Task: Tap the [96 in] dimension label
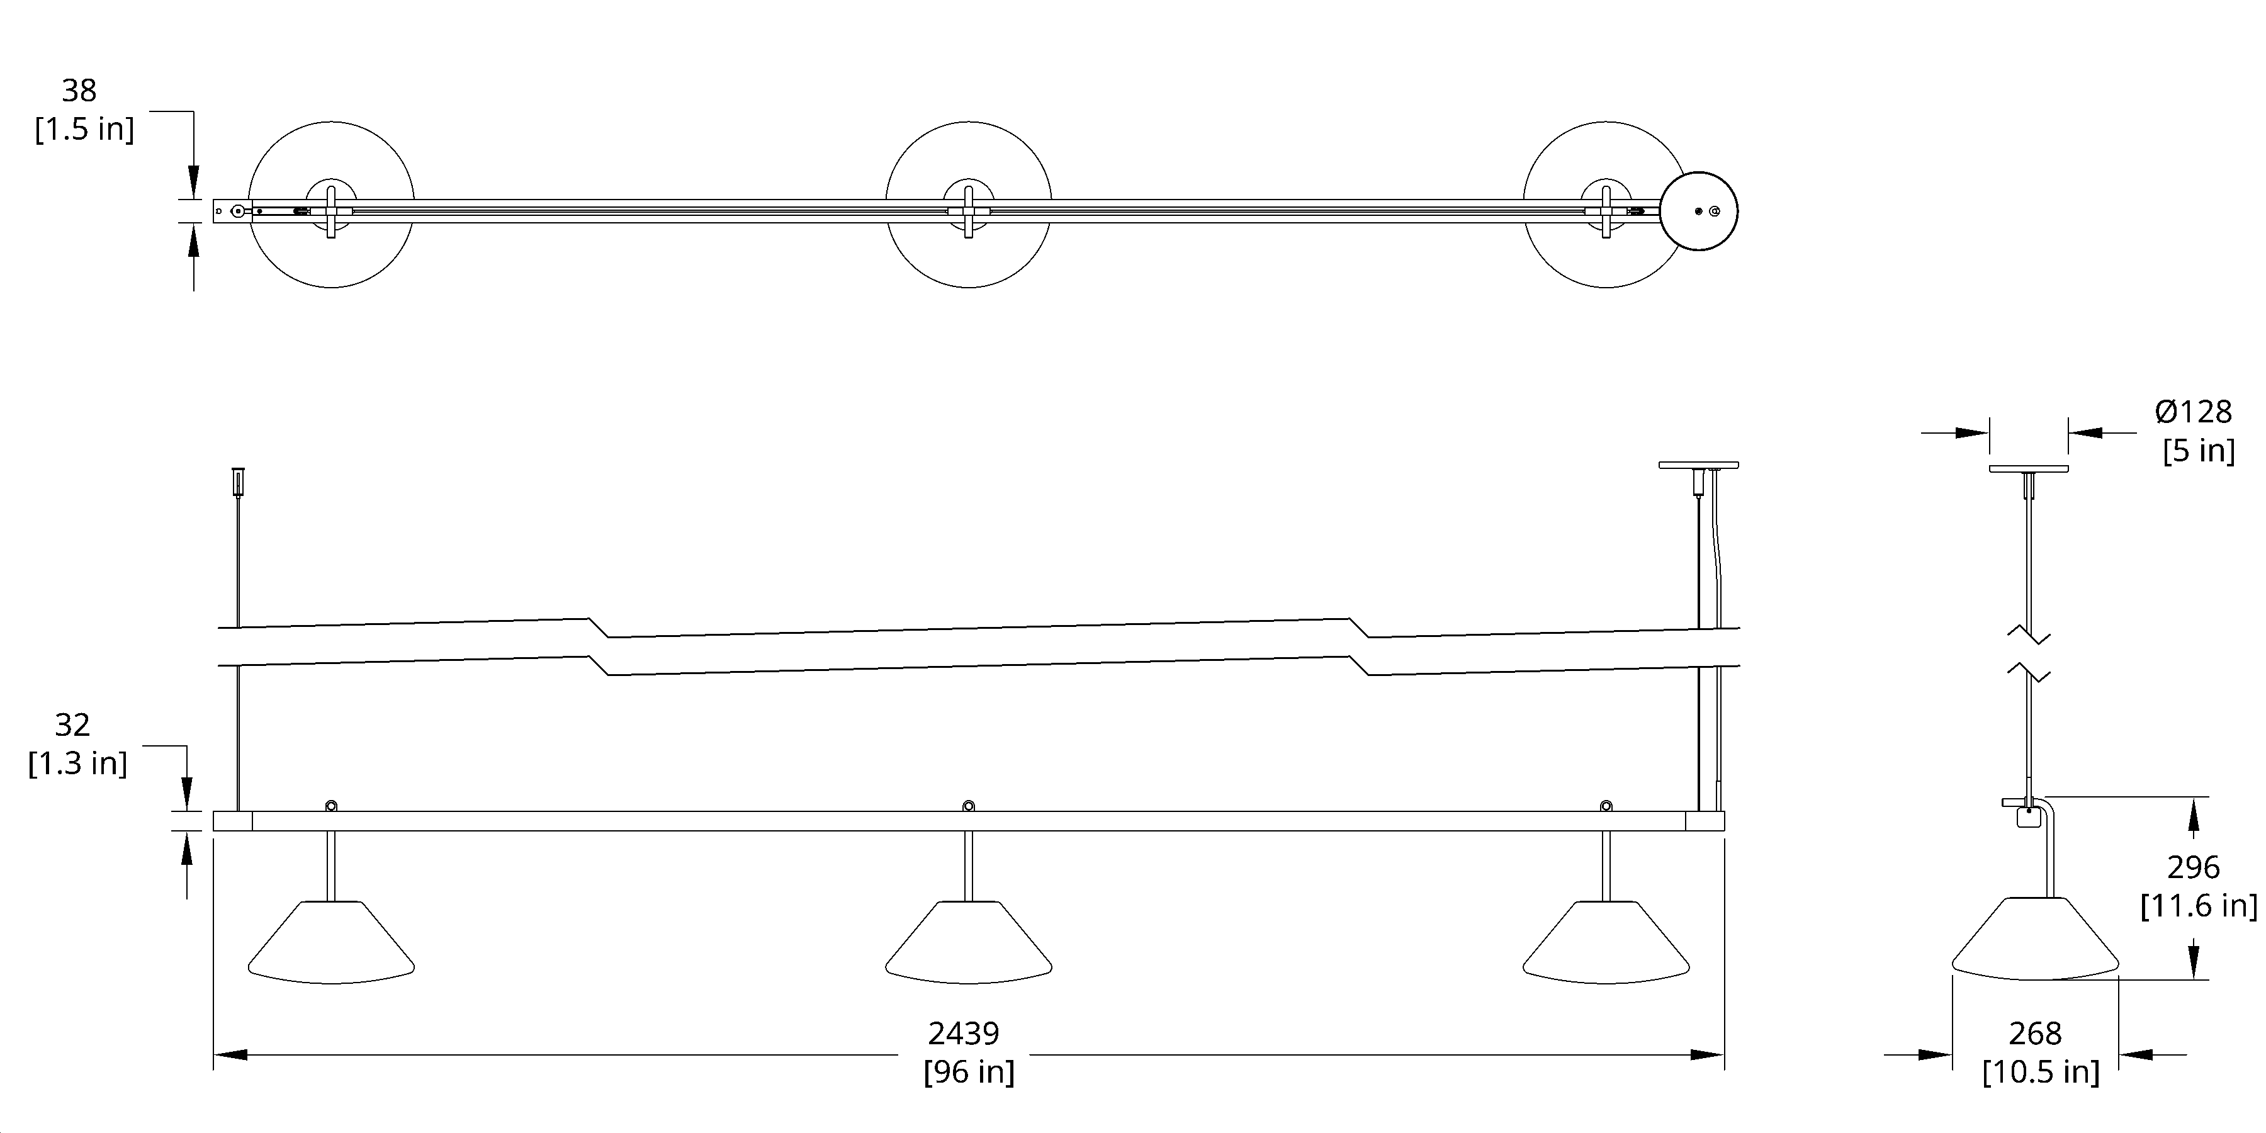click(969, 1071)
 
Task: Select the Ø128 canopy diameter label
click(2193, 412)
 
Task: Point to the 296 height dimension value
click(2193, 867)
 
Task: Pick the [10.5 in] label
click(2041, 1071)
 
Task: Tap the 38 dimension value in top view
click(79, 90)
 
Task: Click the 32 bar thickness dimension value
click(72, 725)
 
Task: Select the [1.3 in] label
click(77, 763)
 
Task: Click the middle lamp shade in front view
click(969, 942)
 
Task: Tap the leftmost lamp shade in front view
click(330, 942)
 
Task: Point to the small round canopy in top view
click(1699, 211)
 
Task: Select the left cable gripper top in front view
click(237, 480)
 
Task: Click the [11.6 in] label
click(2198, 905)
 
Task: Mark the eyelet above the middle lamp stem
click(969, 806)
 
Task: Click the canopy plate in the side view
click(2029, 468)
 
